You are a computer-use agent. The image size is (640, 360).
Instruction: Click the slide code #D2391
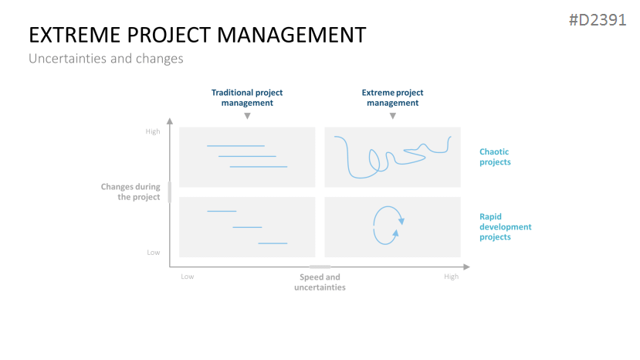click(598, 20)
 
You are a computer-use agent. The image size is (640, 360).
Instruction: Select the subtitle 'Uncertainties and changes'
click(106, 59)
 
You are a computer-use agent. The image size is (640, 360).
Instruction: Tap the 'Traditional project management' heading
click(247, 97)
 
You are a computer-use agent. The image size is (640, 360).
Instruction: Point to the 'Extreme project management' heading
click(392, 97)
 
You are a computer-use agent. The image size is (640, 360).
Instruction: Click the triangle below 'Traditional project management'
click(247, 116)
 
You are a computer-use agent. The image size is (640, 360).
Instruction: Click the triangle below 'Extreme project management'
click(393, 116)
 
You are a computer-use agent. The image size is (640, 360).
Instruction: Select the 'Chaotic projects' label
click(495, 157)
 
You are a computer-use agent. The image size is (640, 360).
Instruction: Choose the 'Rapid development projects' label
click(506, 227)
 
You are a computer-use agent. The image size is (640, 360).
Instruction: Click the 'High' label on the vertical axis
click(153, 131)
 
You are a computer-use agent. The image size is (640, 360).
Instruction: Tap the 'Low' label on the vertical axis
click(154, 253)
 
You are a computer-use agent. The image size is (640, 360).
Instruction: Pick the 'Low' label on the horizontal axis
click(188, 277)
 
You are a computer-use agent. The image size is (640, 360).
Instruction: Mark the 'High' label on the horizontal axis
click(452, 277)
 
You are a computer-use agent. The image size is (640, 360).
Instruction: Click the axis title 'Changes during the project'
click(130, 192)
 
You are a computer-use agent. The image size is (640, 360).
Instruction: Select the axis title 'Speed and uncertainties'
click(320, 282)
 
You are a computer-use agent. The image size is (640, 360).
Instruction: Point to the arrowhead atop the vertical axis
click(170, 121)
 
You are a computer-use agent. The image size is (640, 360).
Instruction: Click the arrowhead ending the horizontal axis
click(467, 267)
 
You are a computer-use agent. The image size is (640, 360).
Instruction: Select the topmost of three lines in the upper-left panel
click(236, 146)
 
